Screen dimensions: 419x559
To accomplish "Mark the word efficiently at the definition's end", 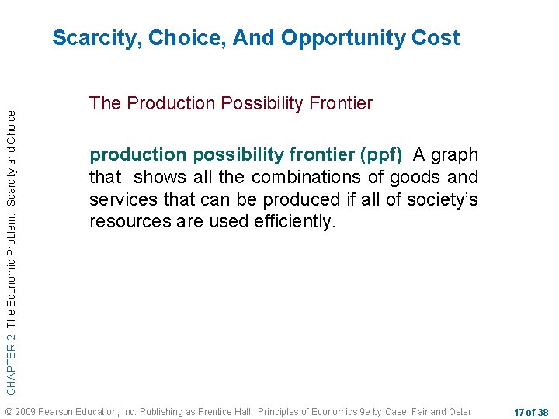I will pos(295,222).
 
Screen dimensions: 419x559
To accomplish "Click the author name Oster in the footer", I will pos(460,410).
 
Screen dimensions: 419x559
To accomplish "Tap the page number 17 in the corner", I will pos(519,411).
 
